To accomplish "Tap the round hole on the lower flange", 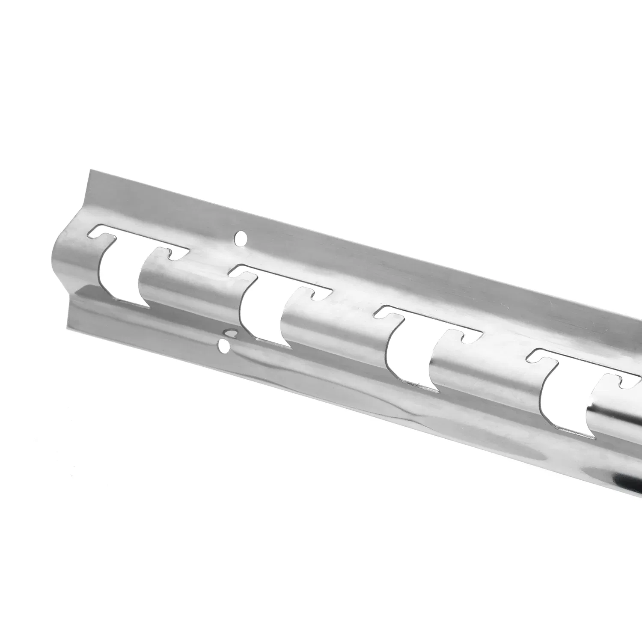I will click(x=223, y=345).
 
